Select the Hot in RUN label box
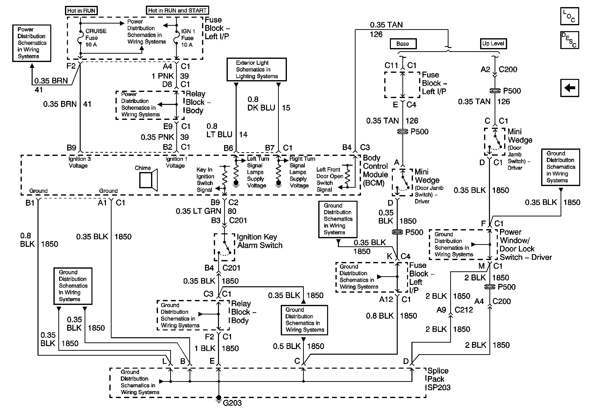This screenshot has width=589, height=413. (x=81, y=11)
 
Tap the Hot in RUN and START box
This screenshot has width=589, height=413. (x=177, y=10)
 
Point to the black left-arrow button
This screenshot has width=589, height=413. (x=569, y=88)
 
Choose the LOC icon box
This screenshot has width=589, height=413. (x=569, y=16)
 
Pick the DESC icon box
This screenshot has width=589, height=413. (x=569, y=40)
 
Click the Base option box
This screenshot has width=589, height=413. (x=403, y=44)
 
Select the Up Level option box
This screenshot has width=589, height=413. (x=493, y=44)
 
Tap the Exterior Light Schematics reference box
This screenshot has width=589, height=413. (x=256, y=69)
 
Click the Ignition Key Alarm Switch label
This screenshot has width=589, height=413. (x=259, y=241)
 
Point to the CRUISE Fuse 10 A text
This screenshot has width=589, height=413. (x=95, y=38)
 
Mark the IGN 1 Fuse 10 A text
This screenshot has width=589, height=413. (x=188, y=38)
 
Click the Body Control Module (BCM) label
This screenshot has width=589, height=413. (x=375, y=170)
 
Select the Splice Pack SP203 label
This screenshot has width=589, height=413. (x=438, y=379)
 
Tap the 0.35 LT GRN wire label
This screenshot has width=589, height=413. (x=198, y=211)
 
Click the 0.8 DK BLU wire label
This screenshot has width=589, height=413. (x=261, y=104)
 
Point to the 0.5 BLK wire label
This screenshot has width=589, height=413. (x=287, y=346)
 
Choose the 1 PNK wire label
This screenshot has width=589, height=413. (x=163, y=76)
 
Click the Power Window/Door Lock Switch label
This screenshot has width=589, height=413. (x=525, y=245)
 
